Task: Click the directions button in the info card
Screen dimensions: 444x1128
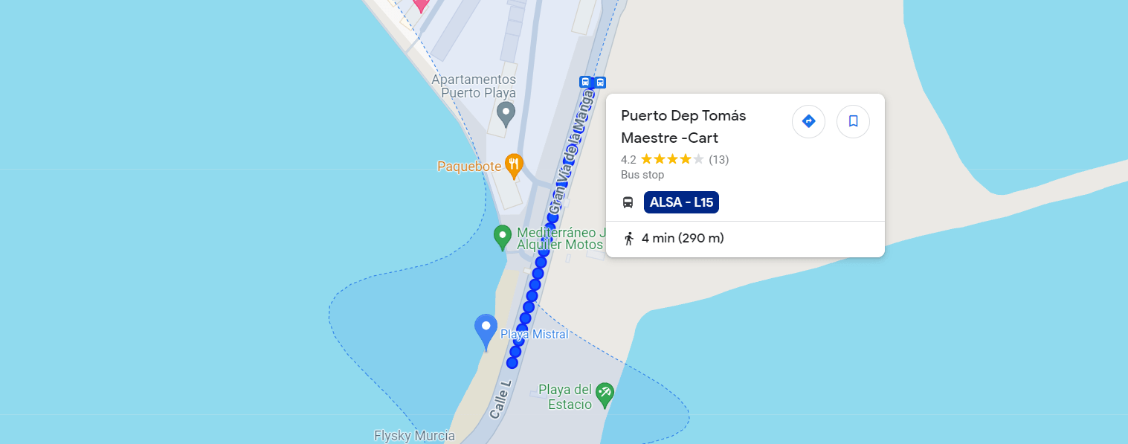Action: [x=808, y=121]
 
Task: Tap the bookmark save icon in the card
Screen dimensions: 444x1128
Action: [x=853, y=121]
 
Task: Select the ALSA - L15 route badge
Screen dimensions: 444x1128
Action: [x=681, y=202]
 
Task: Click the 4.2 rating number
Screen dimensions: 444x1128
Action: [x=628, y=159]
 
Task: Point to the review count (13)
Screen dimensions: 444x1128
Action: [x=718, y=159]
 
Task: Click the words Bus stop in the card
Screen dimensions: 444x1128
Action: [x=642, y=175]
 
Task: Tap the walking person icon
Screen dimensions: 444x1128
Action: [x=629, y=239]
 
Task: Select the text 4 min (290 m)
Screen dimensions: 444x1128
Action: [x=683, y=239]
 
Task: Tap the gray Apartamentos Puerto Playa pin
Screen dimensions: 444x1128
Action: [x=506, y=114]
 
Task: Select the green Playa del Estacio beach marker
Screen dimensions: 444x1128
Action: [x=605, y=393]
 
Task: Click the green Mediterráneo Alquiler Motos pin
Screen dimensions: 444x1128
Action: [x=502, y=237]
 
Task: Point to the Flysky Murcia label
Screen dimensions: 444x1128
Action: [x=414, y=436]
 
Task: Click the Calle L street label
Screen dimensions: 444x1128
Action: [x=501, y=400]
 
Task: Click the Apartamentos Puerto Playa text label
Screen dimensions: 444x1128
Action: [x=474, y=86]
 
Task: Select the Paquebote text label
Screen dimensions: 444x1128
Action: [x=469, y=167]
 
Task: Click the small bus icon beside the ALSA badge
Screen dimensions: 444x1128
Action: [x=628, y=202]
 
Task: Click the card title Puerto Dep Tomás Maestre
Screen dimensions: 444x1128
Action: [x=683, y=126]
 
